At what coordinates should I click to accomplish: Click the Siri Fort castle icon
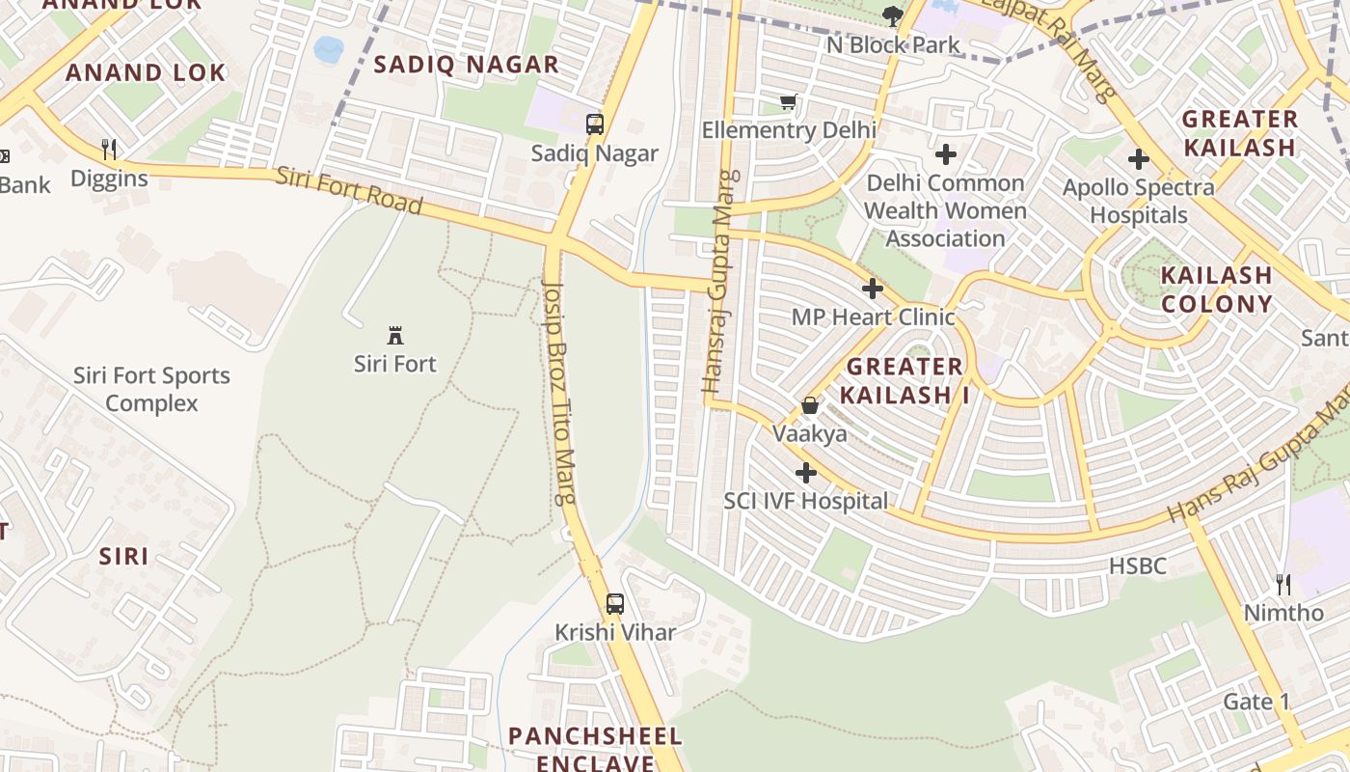pos(395,336)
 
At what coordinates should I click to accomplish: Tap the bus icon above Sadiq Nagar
pos(595,124)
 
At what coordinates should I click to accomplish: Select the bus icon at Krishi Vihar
pos(614,604)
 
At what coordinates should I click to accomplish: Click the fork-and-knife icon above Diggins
pos(109,150)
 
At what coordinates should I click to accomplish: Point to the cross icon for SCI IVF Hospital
pos(806,473)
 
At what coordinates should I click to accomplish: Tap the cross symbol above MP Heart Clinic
pos(873,289)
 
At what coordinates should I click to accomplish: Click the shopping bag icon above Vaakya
pos(810,405)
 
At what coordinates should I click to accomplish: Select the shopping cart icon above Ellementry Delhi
pos(789,101)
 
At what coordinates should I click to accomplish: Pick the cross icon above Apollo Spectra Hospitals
pos(1139,159)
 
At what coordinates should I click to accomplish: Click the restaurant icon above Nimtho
pos(1283,584)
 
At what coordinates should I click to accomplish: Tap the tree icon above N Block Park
pos(893,15)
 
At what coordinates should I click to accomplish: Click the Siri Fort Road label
pos(349,190)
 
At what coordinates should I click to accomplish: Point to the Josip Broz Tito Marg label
pos(560,393)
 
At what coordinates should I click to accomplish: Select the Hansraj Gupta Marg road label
pos(722,282)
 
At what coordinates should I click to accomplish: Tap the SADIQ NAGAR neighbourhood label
pos(466,65)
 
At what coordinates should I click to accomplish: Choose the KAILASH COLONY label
pos(1216,289)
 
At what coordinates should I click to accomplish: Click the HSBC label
pos(1138,566)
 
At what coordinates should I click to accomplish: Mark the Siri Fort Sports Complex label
pos(152,389)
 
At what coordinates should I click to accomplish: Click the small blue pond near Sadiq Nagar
pos(328,49)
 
